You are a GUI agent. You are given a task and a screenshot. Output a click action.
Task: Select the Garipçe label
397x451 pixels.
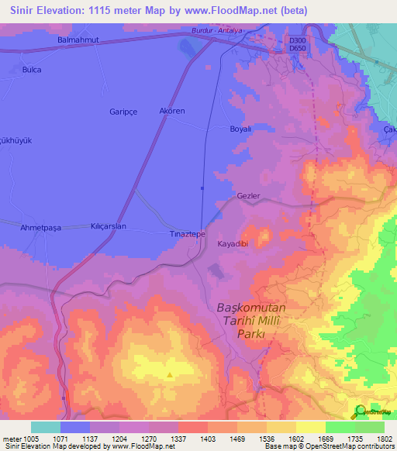pos(123,111)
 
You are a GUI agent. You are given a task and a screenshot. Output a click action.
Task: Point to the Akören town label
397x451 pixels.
pos(171,111)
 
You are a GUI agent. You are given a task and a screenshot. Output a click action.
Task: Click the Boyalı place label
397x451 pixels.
pos(240,129)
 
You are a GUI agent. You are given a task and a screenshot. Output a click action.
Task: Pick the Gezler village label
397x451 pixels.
pos(248,196)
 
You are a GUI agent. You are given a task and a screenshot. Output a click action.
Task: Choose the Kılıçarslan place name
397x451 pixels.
pos(109,226)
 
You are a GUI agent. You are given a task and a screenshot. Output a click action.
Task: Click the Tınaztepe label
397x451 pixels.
pos(187,233)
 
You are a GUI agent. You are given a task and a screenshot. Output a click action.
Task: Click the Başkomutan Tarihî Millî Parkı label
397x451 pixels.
pos(244,320)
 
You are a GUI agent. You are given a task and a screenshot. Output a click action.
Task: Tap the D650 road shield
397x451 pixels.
pos(295,48)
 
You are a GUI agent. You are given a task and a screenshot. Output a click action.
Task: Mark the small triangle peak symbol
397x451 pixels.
pos(170,375)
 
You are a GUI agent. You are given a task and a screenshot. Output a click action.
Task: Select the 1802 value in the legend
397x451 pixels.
pos(384,439)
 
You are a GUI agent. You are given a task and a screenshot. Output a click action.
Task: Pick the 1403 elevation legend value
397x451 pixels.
pos(208,439)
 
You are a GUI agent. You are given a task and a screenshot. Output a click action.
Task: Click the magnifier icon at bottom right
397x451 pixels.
pos(359,412)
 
